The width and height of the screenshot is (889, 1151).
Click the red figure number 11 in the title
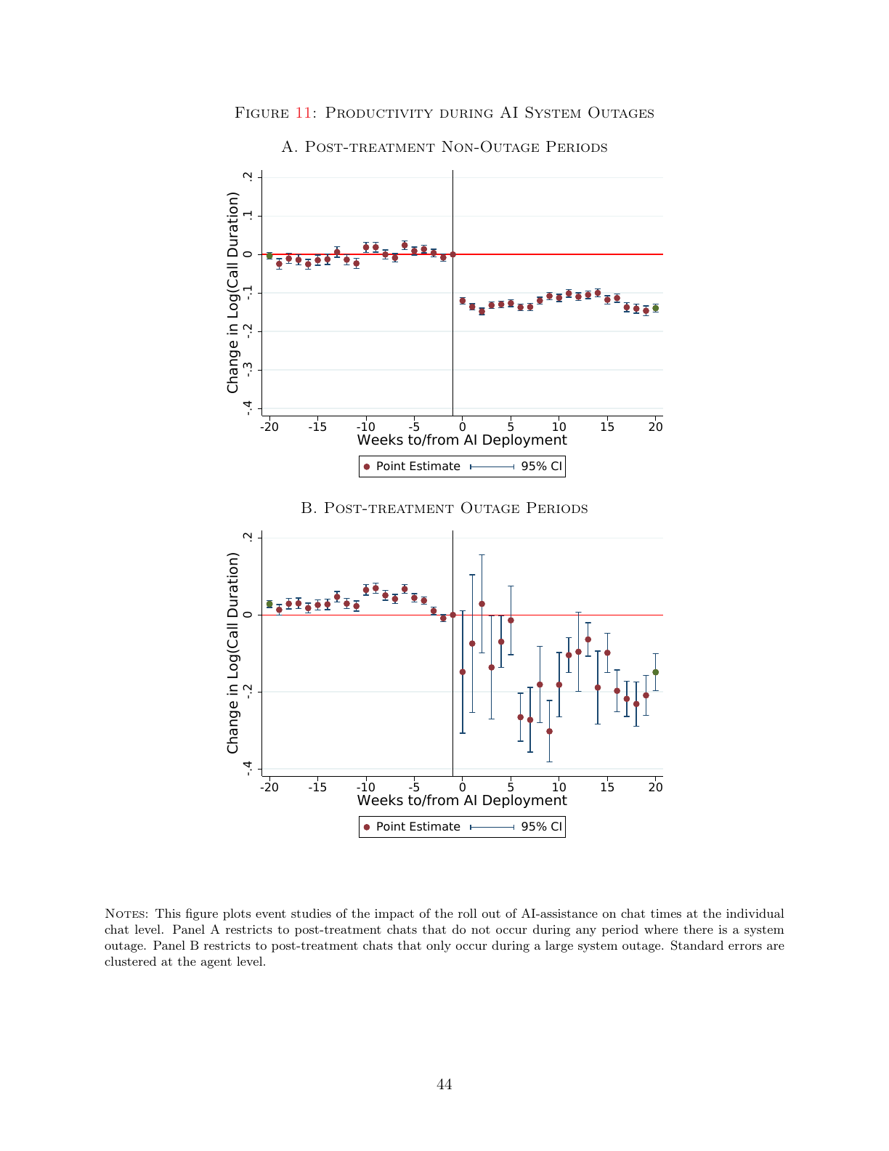click(x=304, y=113)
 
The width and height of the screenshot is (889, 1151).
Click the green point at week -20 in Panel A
click(x=269, y=256)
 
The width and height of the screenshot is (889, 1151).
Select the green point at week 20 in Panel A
click(x=656, y=308)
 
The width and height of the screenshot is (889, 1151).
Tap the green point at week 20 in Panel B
click(x=656, y=672)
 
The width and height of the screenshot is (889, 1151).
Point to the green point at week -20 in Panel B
click(x=269, y=604)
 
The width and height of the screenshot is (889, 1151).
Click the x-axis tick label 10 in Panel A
click(x=559, y=427)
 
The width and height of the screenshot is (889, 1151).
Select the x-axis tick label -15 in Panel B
click(x=317, y=787)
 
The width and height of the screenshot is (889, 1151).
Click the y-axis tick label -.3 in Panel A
click(x=247, y=370)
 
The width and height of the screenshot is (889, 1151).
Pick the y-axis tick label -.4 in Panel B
click(x=247, y=769)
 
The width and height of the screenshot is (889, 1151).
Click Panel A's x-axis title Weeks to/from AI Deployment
click(x=462, y=440)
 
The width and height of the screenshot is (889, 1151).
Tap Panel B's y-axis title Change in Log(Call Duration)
click(x=233, y=653)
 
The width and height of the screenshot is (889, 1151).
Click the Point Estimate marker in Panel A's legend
click(x=366, y=467)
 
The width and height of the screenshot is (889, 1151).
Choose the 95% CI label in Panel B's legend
click(x=541, y=826)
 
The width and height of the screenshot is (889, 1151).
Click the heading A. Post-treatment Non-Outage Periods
click(x=444, y=147)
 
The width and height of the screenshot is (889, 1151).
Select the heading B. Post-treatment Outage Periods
click(x=444, y=508)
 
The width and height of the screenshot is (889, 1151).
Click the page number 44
click(x=444, y=1084)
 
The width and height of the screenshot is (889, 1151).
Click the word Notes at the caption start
click(x=126, y=913)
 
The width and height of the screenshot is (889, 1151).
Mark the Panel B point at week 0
click(x=462, y=672)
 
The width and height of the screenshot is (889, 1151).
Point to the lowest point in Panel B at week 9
click(x=549, y=732)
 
